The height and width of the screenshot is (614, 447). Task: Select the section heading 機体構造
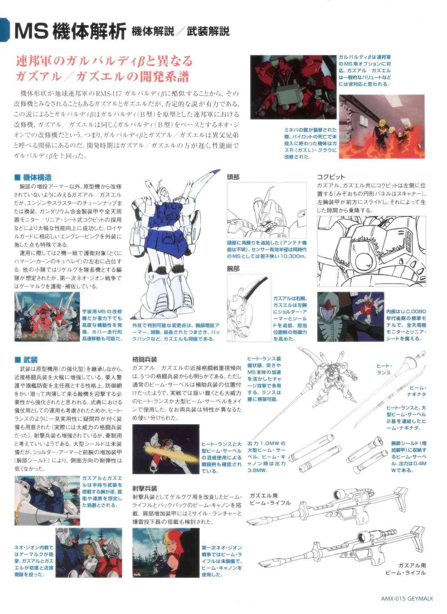pyautogui.click(x=37, y=177)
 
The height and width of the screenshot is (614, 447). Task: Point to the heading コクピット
pyautogui.click(x=330, y=177)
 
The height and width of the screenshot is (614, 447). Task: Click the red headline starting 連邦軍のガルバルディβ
pyautogui.click(x=104, y=69)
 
